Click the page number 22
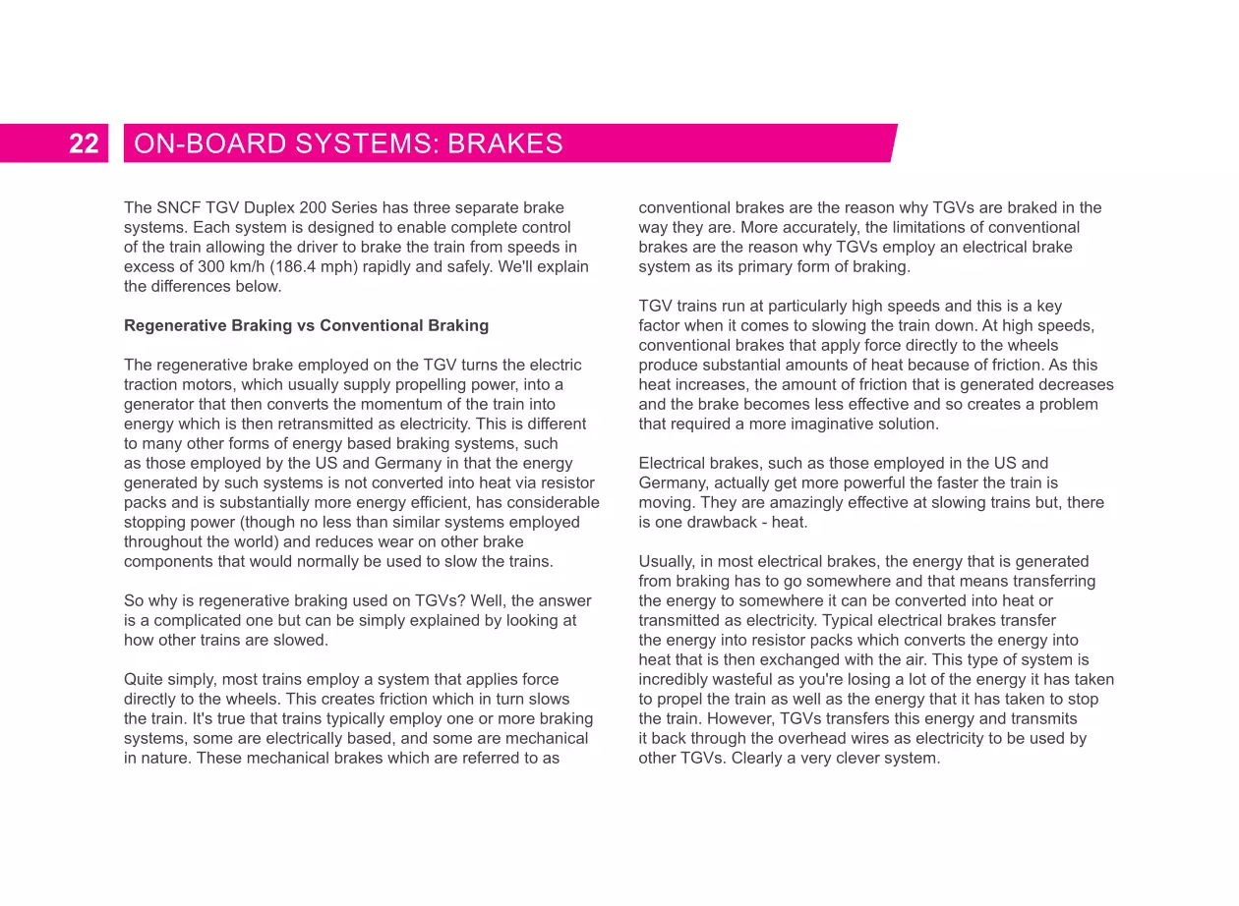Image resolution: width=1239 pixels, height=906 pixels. (x=84, y=144)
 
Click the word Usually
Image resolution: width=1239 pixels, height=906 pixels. (x=666, y=562)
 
